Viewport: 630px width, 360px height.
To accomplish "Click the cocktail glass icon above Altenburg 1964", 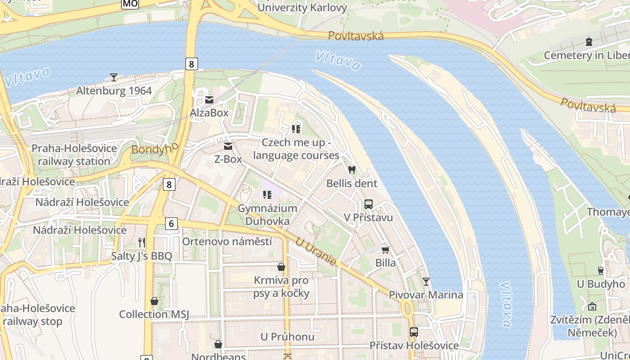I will (114, 77).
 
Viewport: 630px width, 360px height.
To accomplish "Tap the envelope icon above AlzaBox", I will (209, 99).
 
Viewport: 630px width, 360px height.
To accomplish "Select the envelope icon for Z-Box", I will (228, 146).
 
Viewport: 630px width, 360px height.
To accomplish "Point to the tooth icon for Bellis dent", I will (352, 170).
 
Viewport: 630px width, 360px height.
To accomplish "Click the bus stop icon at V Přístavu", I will (369, 204).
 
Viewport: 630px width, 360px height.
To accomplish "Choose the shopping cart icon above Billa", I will (385, 250).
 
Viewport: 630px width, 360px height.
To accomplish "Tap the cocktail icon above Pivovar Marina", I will (426, 282).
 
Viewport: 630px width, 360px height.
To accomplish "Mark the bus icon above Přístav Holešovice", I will (414, 332).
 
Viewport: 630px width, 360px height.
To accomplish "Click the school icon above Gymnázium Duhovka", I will (267, 195).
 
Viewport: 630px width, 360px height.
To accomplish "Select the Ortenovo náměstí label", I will (227, 242).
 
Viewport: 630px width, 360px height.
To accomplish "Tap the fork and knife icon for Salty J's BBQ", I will (142, 243).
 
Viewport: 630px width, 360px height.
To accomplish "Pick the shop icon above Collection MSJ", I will (154, 301).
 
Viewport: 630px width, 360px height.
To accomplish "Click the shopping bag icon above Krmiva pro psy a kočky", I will (281, 267).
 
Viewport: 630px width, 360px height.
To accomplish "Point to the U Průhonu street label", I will (288, 337).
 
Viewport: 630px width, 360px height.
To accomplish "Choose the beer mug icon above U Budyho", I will (601, 270).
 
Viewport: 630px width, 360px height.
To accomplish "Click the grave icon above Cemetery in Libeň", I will (589, 42).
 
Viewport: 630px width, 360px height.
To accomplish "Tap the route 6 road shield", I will (171, 223).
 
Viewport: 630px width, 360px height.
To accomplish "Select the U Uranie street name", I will (316, 251).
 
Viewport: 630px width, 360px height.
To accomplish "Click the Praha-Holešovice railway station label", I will (74, 155).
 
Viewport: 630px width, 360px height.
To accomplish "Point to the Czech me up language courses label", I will (296, 149).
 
